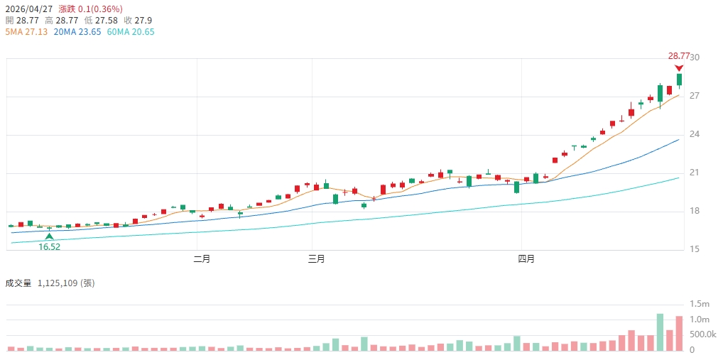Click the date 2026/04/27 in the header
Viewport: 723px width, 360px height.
[29, 8]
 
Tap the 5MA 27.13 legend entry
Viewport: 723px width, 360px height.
[26, 32]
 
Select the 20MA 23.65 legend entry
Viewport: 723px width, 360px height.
[77, 32]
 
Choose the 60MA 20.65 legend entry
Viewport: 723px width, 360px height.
[130, 32]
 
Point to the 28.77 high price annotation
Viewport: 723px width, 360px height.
[678, 56]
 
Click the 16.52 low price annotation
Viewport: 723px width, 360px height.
[49, 246]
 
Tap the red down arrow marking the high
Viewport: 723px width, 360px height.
[679, 67]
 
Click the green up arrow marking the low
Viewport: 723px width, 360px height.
[49, 236]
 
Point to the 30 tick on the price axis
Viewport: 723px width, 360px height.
[695, 58]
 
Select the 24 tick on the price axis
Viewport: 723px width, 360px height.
[695, 134]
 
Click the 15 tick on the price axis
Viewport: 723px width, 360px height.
[695, 249]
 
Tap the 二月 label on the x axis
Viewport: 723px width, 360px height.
[202, 259]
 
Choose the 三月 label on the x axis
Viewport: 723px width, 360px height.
[316, 259]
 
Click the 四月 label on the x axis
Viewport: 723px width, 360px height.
[526, 259]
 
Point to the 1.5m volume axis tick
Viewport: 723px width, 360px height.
[700, 304]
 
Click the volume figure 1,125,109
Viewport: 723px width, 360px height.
[62, 283]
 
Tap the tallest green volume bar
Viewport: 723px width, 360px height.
[660, 332]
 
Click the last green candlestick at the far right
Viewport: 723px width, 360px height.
[679, 80]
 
